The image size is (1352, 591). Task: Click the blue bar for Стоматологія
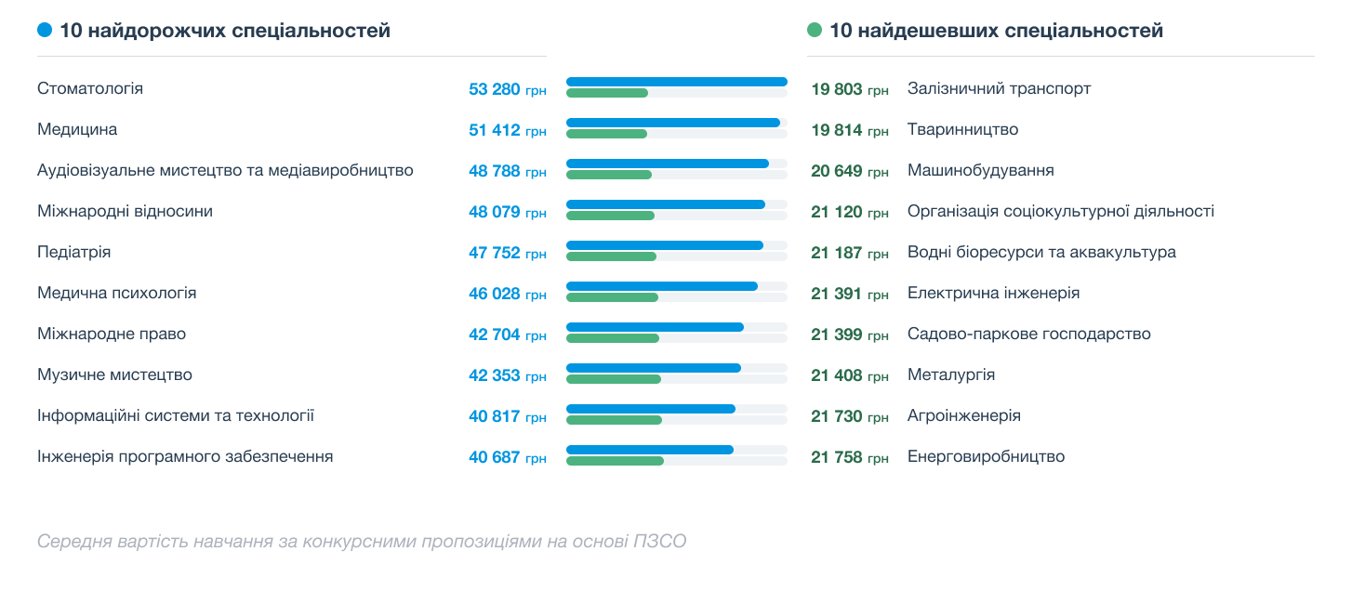click(x=676, y=82)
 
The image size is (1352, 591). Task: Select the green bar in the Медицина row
click(x=606, y=134)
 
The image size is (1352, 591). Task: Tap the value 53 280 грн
click(x=507, y=89)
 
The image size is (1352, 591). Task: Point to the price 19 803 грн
click(x=849, y=89)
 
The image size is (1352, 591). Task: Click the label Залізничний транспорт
click(x=999, y=89)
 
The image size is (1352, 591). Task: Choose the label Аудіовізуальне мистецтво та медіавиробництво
click(x=225, y=171)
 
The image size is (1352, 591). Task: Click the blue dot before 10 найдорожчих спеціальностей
click(x=45, y=31)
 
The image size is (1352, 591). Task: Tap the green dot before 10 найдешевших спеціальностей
click(x=815, y=31)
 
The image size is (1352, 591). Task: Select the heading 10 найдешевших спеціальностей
click(x=996, y=31)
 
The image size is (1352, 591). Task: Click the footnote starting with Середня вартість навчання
click(x=362, y=541)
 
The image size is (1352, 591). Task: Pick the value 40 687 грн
click(x=507, y=457)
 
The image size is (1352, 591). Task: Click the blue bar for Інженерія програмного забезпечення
click(x=649, y=450)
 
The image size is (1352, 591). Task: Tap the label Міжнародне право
click(x=112, y=335)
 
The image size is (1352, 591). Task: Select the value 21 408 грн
click(x=849, y=375)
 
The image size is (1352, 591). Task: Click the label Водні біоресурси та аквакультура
click(x=1041, y=253)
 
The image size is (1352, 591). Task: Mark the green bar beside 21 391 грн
click(x=612, y=297)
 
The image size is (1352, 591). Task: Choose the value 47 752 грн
click(x=507, y=253)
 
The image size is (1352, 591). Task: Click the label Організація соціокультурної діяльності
click(x=1060, y=212)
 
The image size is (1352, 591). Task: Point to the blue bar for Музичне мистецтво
click(x=653, y=368)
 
